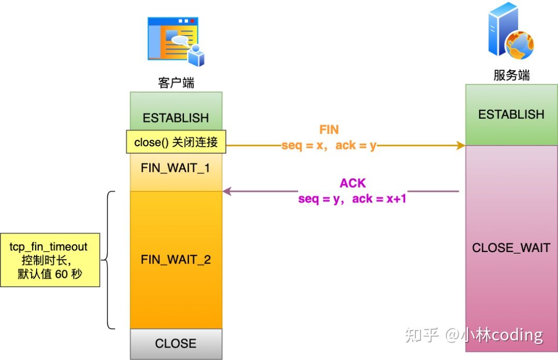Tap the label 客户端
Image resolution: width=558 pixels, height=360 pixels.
click(x=176, y=83)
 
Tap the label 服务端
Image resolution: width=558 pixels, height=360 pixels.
click(x=512, y=75)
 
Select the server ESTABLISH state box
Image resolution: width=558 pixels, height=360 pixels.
click(x=511, y=114)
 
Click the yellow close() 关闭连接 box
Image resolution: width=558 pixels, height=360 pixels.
click(x=176, y=142)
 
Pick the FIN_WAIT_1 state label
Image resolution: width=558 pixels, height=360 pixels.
click(x=176, y=168)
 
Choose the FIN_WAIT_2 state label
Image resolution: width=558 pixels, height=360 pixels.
click(x=176, y=259)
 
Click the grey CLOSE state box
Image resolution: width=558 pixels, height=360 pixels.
click(x=176, y=343)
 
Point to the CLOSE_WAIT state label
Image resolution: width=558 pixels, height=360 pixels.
click(x=511, y=248)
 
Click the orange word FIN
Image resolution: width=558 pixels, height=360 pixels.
click(x=329, y=130)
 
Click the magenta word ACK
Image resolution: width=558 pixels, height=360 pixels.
click(x=353, y=183)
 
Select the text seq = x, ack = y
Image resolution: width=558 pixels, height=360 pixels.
click(x=329, y=146)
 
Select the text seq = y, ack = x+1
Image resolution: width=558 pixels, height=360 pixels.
click(x=352, y=198)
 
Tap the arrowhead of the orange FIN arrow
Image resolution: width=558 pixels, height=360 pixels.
click(x=461, y=146)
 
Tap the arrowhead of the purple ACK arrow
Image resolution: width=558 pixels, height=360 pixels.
click(x=227, y=192)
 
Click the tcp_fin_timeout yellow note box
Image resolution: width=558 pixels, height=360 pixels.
click(x=50, y=260)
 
